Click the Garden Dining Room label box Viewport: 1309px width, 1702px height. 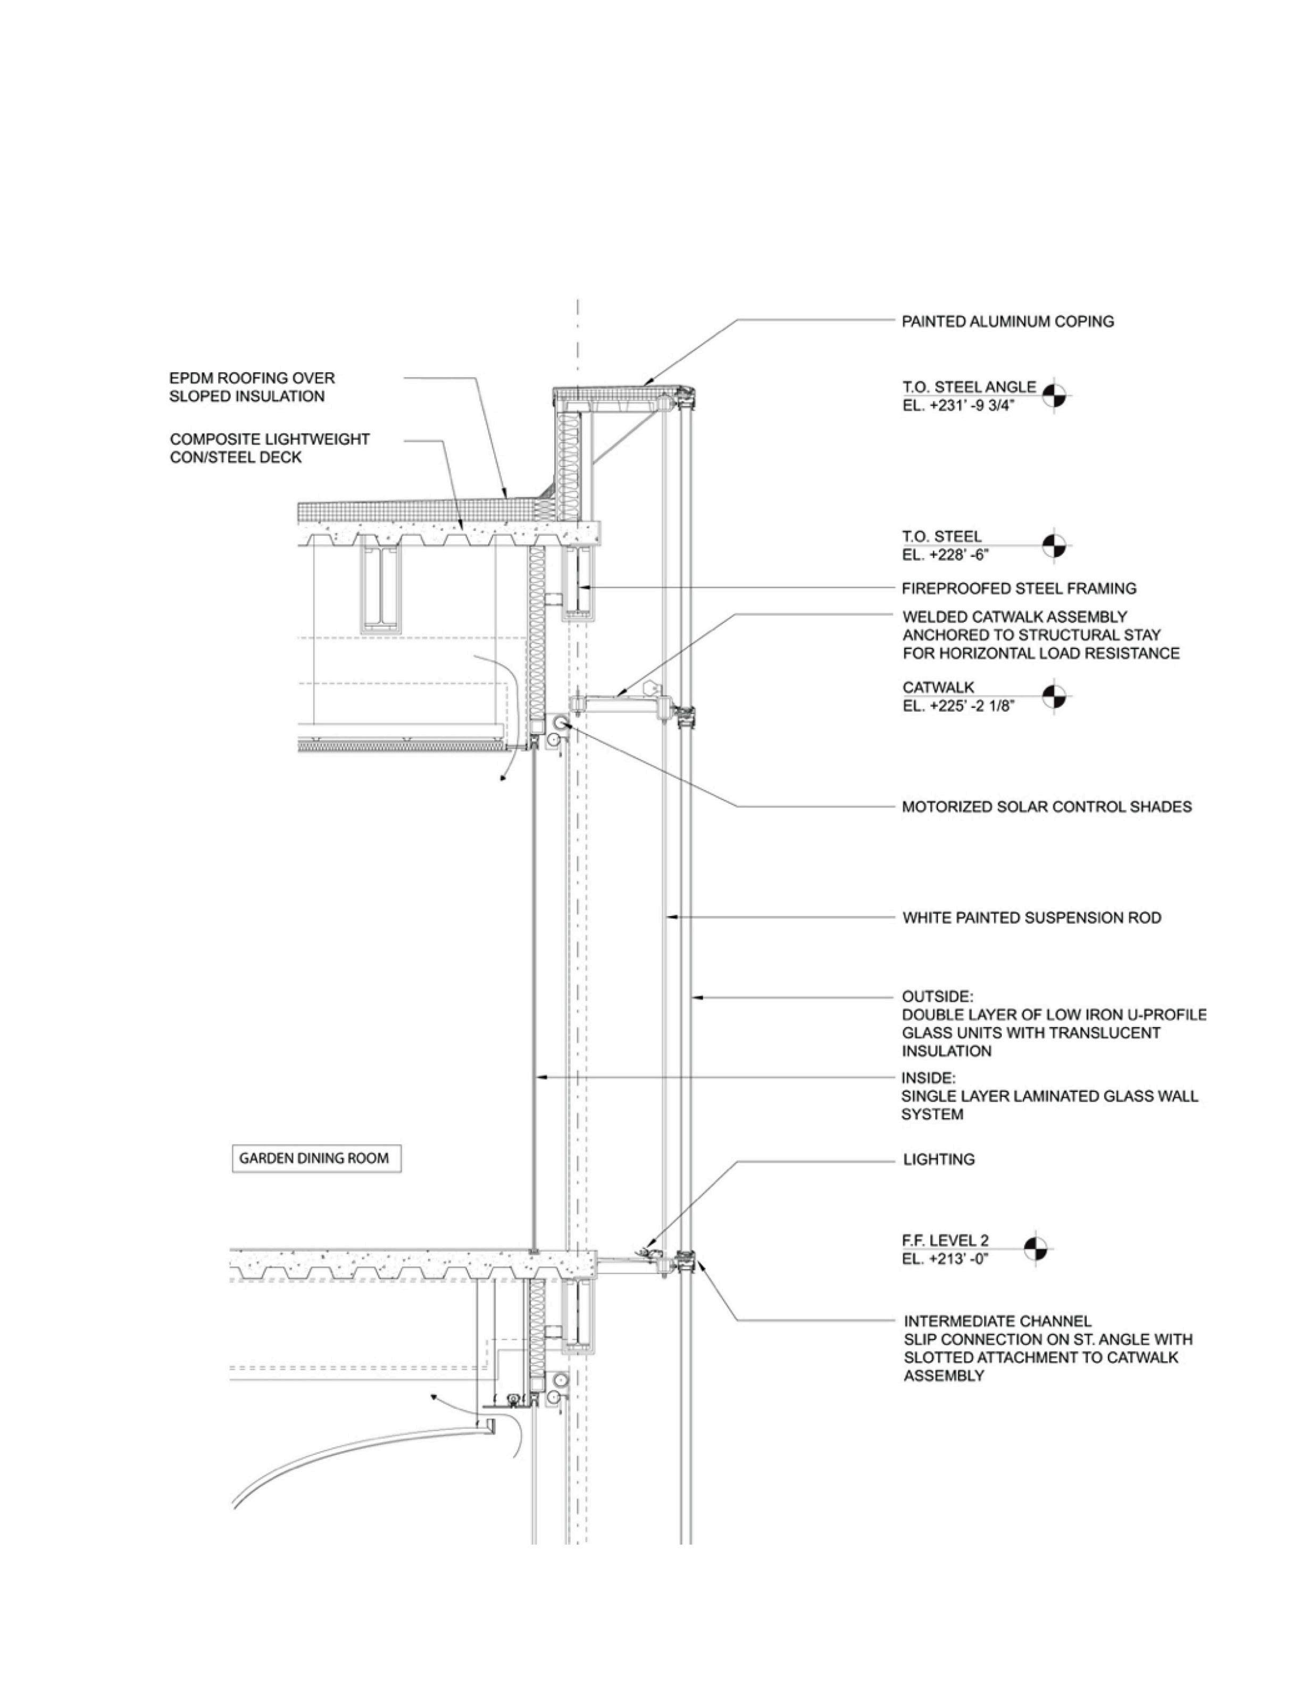pyautogui.click(x=313, y=1158)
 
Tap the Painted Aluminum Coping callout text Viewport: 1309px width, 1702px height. pyautogui.click(x=1007, y=321)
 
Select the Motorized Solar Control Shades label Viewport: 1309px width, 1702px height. pyautogui.click(x=1046, y=807)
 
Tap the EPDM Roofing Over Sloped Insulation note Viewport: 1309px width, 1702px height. pyautogui.click(x=252, y=387)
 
